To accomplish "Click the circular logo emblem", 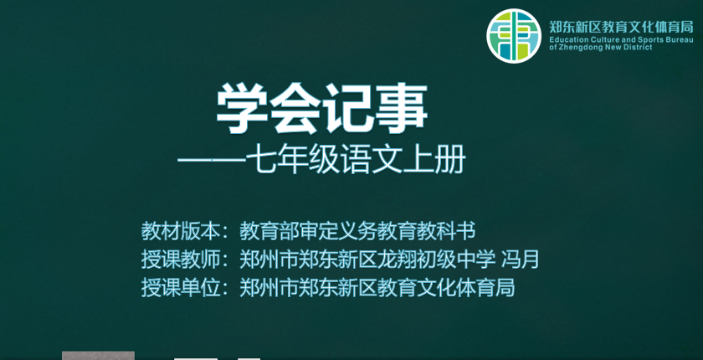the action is [514, 36].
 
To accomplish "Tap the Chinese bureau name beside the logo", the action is [621, 28].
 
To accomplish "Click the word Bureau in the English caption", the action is [680, 40].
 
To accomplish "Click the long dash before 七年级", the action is [211, 160].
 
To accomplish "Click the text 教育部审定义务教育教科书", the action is [357, 231].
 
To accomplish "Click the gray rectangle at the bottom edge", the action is [98, 356].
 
